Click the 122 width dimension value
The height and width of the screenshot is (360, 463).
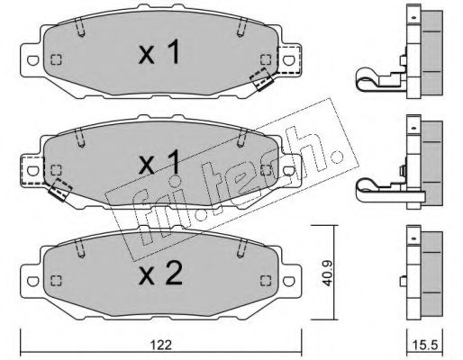161,345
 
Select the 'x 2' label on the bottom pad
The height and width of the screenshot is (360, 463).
160,273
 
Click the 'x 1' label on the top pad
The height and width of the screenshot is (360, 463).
159,51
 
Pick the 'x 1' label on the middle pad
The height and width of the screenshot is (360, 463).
159,162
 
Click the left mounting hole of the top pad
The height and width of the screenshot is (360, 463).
32,60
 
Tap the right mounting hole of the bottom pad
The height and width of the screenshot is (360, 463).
288,281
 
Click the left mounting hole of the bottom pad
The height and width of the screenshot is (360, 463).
32,281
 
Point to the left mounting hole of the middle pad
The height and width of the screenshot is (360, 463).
32,171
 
